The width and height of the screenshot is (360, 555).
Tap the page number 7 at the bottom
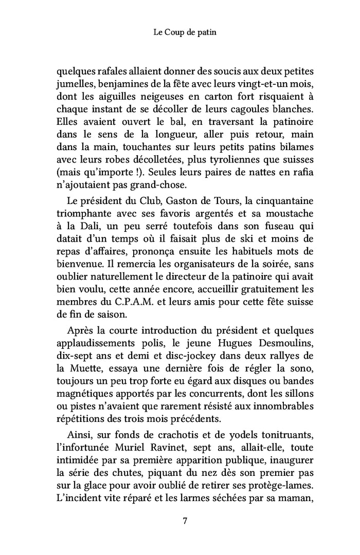185,521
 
